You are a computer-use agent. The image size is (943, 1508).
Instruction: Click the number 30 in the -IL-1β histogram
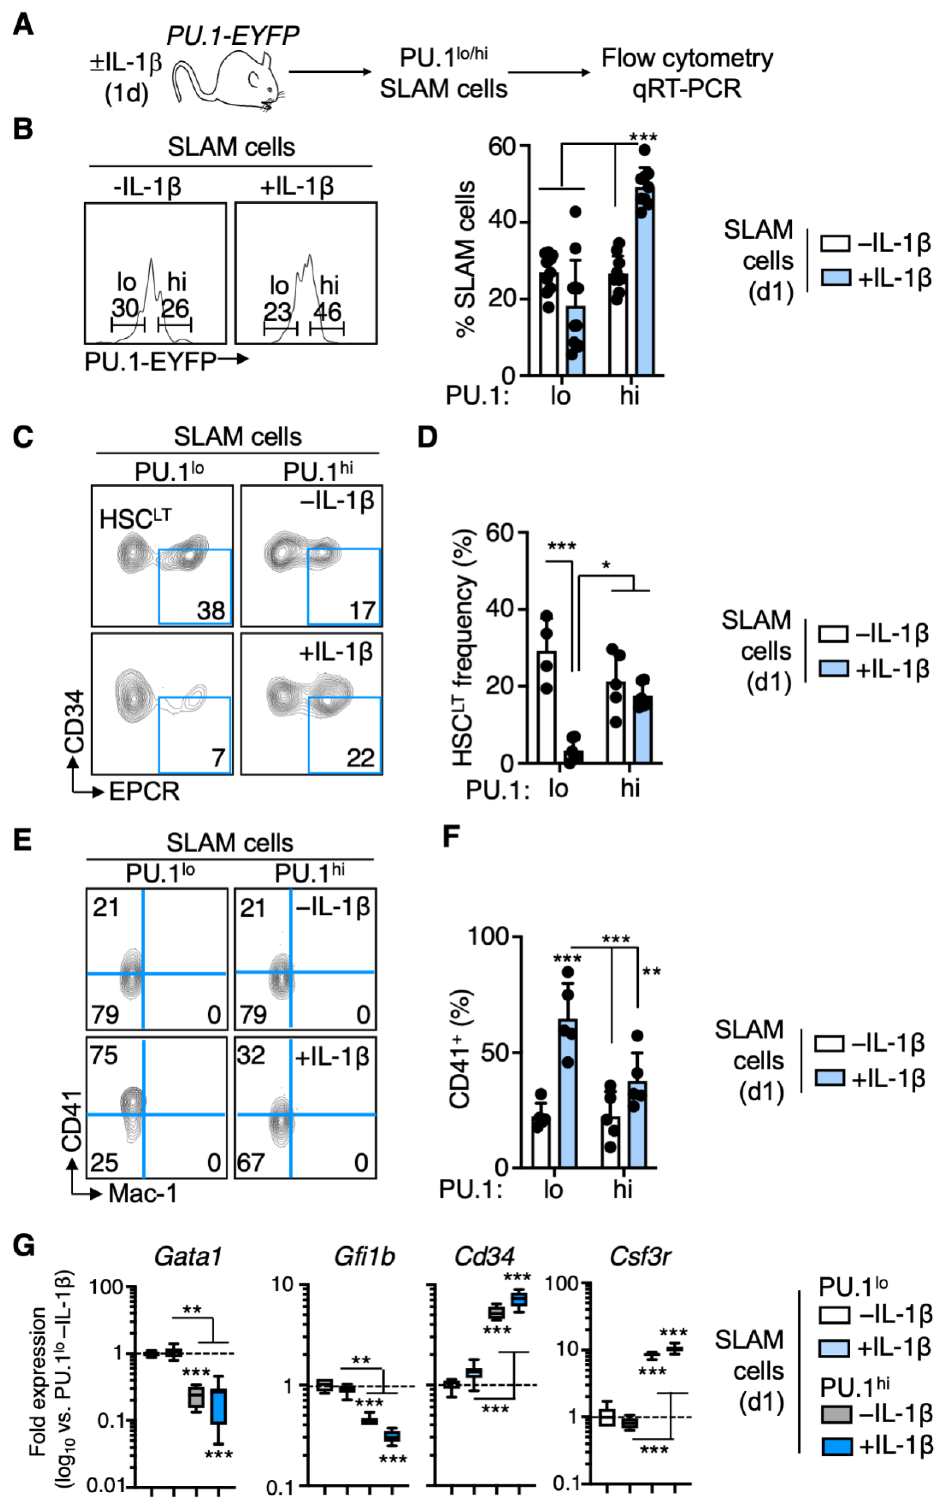click(125, 308)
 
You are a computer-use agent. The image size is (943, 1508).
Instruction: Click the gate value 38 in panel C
click(211, 610)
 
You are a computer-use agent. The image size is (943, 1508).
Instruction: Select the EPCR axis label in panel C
click(144, 792)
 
